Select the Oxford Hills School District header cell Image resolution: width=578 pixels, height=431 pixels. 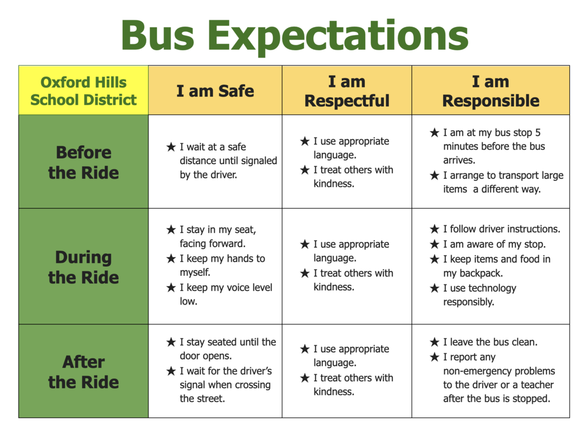84,91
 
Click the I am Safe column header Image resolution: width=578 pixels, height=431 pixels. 215,91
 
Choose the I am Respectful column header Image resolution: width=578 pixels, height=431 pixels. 347,91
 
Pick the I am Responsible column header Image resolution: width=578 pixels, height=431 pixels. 491,91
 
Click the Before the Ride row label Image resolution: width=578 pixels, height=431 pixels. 84,162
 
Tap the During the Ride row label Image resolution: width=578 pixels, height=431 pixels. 84,267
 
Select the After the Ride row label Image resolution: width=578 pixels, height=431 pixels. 84,372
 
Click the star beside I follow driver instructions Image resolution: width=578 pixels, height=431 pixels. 434,229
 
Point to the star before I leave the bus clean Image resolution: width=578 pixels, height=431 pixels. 434,342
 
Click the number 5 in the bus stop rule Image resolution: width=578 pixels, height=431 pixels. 538,133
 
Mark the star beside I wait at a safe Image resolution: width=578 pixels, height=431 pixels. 171,147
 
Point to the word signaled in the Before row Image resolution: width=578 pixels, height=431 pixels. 257,161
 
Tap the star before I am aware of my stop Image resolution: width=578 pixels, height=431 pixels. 434,244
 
